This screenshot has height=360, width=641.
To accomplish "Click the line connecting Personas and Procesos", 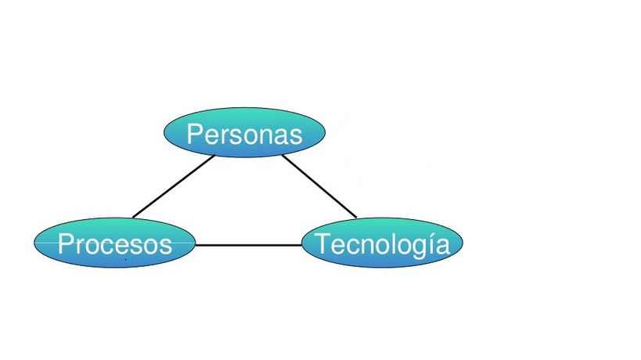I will click(x=174, y=186).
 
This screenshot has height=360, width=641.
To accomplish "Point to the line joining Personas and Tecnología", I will click(x=319, y=186).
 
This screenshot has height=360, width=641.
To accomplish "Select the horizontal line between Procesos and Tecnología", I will click(x=248, y=245).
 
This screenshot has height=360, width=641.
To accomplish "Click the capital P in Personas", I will click(x=195, y=134).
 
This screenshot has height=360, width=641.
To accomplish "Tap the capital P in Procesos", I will click(x=66, y=244).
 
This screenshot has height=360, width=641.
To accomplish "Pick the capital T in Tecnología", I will click(x=322, y=244).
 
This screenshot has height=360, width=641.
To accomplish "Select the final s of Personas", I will click(x=296, y=135).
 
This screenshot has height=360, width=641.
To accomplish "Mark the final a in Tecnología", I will click(x=443, y=246).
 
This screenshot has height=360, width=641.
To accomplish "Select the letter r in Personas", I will click(x=223, y=135).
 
